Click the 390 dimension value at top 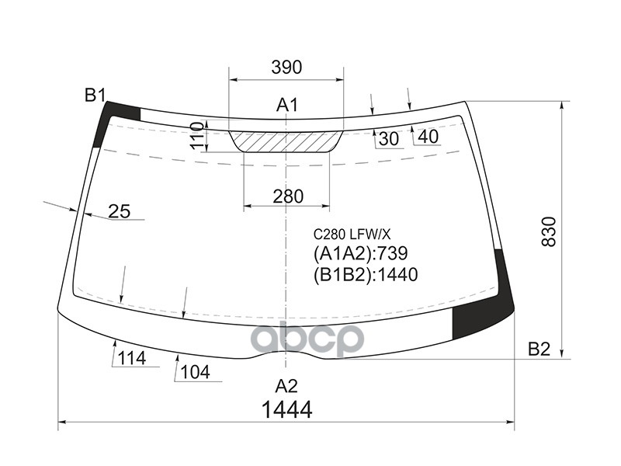(x=286, y=68)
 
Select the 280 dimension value (x=288, y=196)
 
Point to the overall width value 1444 (x=286, y=410)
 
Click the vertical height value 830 (x=549, y=231)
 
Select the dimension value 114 (x=132, y=358)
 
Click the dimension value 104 (x=195, y=372)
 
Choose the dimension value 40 (x=428, y=137)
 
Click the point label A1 (x=288, y=105)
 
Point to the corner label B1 (x=95, y=96)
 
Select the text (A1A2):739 (x=360, y=253)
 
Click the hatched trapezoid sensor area (x=286, y=142)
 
